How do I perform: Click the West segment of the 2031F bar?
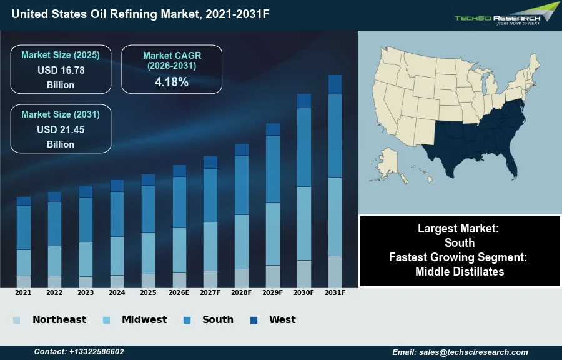point(335,84)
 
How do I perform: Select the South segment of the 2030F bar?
point(304,147)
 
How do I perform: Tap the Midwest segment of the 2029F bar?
point(273,234)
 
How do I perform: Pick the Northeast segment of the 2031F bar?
point(335,271)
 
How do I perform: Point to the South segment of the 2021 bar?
point(24,227)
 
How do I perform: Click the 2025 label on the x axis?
point(148,292)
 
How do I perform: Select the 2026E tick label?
point(179,292)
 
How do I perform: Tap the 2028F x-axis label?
point(242,292)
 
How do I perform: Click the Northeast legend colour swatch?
point(17,320)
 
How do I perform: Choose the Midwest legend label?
point(144,319)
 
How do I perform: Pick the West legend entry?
point(282,319)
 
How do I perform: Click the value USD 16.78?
point(61,70)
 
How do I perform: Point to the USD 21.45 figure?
point(61,129)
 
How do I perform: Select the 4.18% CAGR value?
point(172,82)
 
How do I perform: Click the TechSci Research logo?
point(506,16)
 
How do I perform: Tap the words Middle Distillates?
point(460,271)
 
